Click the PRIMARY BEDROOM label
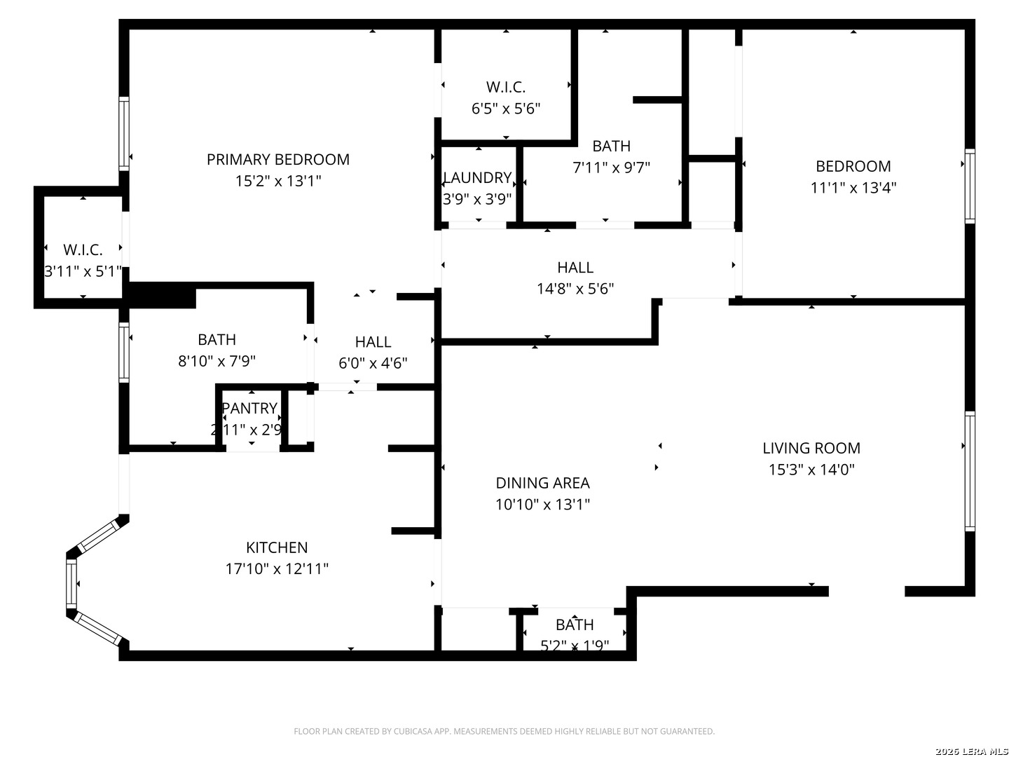tap(277, 159)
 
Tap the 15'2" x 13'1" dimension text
tap(277, 181)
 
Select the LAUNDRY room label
tap(477, 177)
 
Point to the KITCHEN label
tap(277, 547)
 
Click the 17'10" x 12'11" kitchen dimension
tap(277, 568)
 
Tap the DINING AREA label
tap(542, 483)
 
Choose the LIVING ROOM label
tap(811, 448)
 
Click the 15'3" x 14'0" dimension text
tap(811, 470)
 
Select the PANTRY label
tap(249, 408)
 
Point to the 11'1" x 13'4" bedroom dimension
tap(853, 188)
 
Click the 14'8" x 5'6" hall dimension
tap(575, 289)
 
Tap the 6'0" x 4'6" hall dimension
tap(373, 363)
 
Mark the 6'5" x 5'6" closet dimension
tap(506, 109)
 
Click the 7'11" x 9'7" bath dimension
tap(612, 168)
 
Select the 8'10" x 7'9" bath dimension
tap(217, 361)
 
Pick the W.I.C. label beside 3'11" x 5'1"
tap(83, 250)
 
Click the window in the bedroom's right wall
tap(970, 186)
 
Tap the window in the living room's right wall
tap(970, 471)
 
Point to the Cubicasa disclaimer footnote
tap(504, 731)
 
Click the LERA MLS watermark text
tap(970, 751)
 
